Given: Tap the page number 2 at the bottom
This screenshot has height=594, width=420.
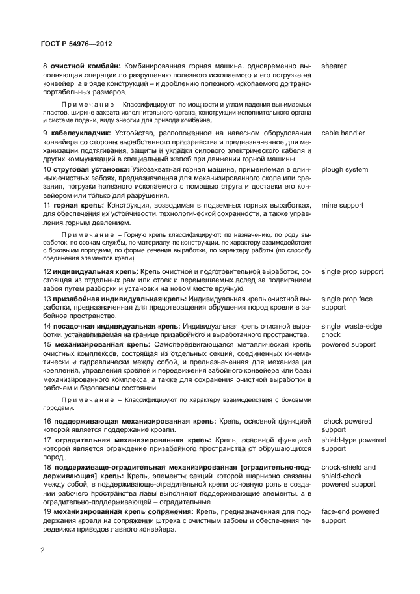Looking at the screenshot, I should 43,550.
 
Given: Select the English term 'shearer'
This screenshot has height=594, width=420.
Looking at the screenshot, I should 334,66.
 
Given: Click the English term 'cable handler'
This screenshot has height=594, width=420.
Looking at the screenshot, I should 343,133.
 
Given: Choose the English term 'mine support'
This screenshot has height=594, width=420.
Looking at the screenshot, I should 342,206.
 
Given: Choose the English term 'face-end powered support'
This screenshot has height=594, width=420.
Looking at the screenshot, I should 350,517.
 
